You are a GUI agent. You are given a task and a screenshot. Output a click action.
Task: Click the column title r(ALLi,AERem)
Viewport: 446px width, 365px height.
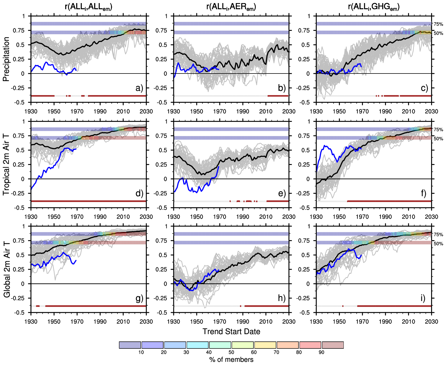coord(231,7)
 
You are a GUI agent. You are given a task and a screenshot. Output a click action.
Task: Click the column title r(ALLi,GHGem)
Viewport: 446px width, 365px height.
coord(373,7)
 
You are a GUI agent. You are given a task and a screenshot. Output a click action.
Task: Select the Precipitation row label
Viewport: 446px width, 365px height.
coord(6,59)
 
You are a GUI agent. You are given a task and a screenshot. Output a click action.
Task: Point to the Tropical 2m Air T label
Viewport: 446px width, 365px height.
coord(6,164)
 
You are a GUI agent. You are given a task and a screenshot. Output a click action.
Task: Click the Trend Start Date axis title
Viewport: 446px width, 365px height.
coord(231,332)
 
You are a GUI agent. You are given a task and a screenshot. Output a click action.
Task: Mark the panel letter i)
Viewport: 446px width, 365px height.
coord(423,298)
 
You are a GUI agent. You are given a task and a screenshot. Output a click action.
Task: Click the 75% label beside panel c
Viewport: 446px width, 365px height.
coord(438,24)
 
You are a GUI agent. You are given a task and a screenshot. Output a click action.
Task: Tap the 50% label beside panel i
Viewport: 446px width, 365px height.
coord(438,244)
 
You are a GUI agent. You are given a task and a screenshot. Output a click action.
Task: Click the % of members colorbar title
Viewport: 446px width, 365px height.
coord(231,360)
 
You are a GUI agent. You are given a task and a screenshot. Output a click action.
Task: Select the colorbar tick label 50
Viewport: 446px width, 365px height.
coord(231,352)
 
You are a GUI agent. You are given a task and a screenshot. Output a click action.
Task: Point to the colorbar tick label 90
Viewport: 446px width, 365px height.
coord(322,352)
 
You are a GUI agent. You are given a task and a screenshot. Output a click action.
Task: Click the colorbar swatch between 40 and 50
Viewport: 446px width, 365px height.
coord(220,345)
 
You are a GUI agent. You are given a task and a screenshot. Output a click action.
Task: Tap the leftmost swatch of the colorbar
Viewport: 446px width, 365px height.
coord(130,345)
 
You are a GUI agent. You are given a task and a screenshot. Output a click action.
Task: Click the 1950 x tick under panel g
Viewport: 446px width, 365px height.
coord(54,322)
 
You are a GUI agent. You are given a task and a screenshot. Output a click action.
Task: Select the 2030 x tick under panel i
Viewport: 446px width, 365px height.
coord(431,322)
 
